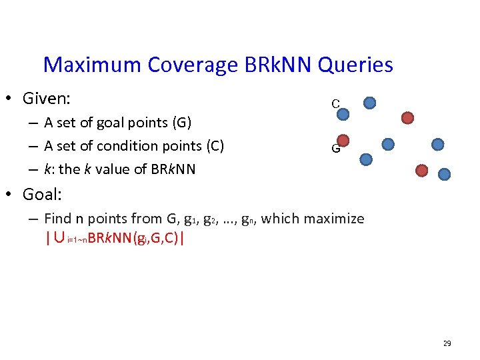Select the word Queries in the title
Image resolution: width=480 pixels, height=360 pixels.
355,65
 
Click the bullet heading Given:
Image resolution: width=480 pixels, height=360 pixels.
47,99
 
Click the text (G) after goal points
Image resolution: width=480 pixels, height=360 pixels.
181,123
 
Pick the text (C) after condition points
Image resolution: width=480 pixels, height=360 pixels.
214,146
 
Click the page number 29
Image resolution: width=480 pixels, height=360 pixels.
447,343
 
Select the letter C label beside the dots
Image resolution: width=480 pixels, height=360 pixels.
337,103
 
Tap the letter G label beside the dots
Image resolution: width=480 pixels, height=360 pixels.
337,149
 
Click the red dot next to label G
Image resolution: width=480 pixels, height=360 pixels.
343,140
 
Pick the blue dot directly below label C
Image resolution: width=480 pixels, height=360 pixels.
343,114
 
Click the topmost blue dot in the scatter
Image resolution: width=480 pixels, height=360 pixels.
370,103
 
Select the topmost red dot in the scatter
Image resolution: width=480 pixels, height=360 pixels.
407,118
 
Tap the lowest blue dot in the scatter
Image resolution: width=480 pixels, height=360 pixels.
445,174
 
